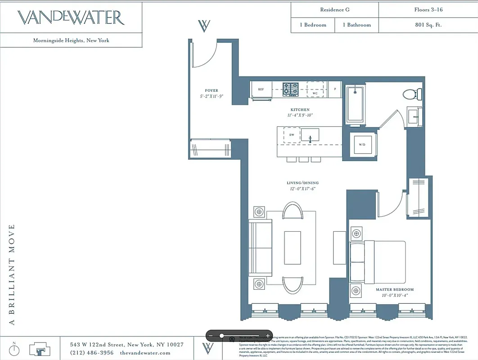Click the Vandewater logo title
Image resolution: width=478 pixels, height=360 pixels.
(x=71, y=18)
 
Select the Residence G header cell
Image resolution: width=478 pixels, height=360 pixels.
(x=334, y=9)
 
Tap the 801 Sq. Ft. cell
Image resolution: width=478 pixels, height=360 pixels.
(x=428, y=25)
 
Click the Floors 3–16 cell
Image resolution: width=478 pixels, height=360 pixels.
(x=428, y=9)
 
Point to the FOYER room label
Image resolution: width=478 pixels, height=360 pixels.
(x=212, y=90)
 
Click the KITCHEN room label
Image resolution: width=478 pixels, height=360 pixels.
(x=300, y=110)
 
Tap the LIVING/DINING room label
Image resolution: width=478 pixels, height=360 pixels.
(x=302, y=183)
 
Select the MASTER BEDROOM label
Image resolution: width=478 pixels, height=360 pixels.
(x=394, y=289)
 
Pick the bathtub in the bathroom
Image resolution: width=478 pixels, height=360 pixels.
(x=355, y=105)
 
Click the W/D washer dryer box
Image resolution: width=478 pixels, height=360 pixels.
(x=362, y=144)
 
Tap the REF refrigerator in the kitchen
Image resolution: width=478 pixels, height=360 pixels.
(x=261, y=89)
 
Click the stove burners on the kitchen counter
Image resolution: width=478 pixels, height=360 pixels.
(x=291, y=89)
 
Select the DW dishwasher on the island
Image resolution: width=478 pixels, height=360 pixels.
(x=292, y=135)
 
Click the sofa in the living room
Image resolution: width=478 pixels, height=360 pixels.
(x=260, y=248)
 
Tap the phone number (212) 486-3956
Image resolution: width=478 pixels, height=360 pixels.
(x=92, y=353)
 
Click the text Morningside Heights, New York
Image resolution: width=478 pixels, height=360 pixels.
(x=71, y=40)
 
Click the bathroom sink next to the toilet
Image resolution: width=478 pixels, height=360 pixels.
(x=415, y=117)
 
